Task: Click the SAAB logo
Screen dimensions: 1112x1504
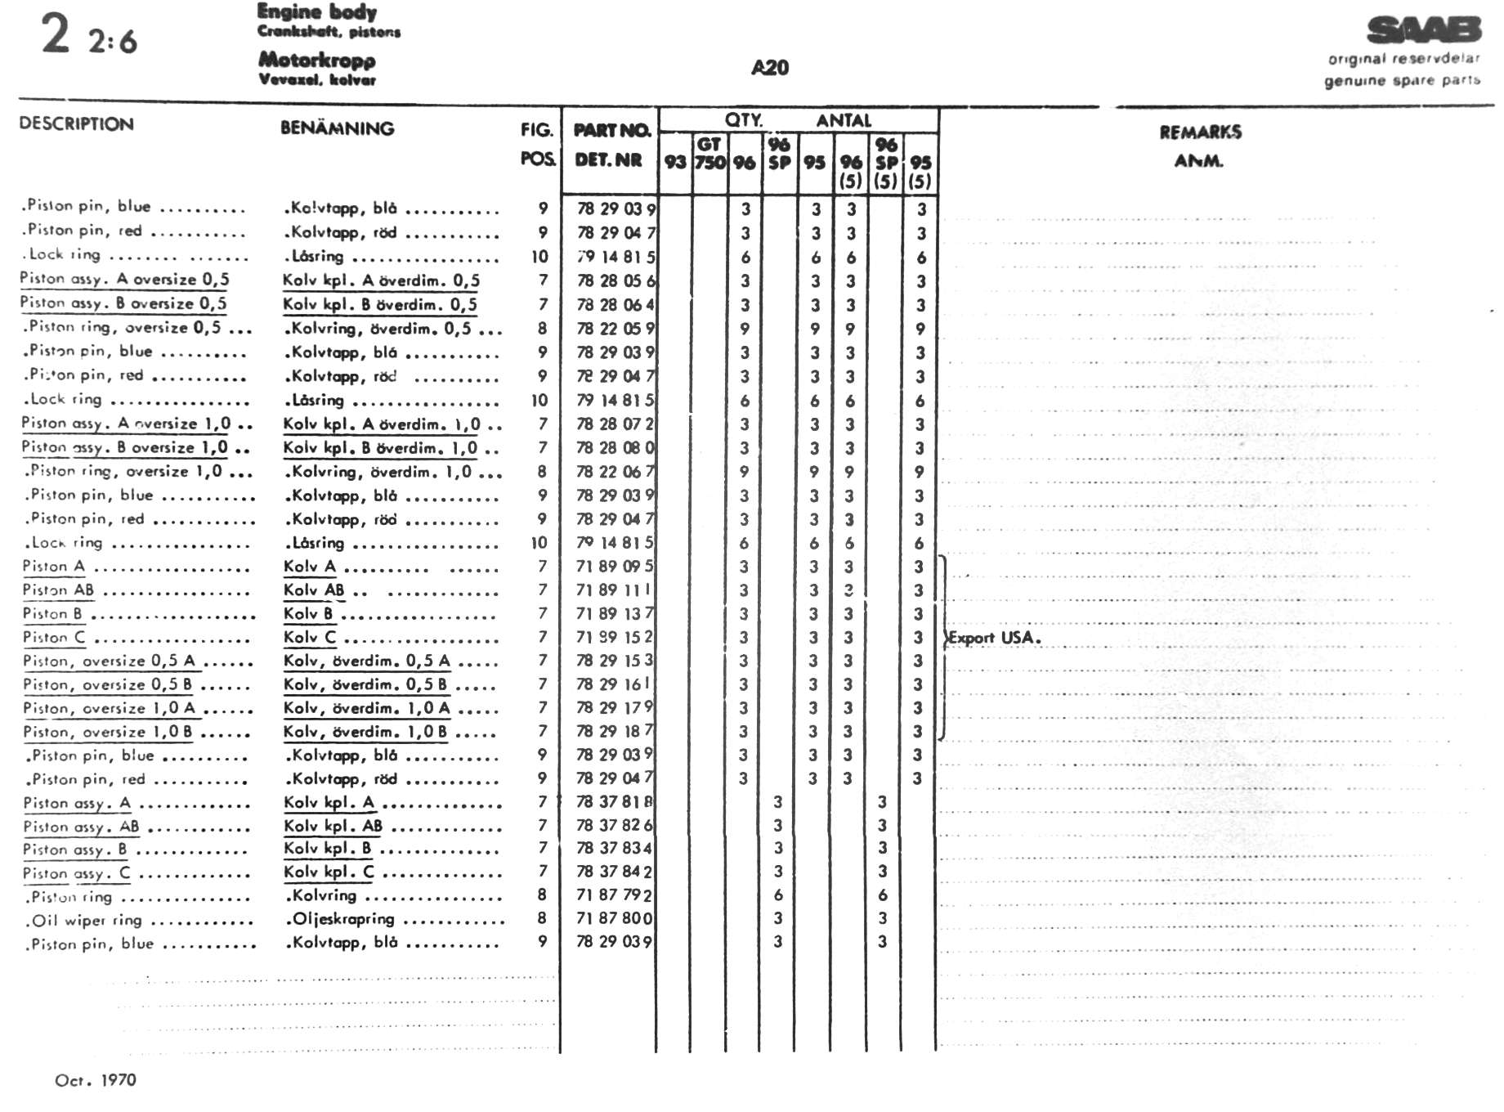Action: pyautogui.click(x=1423, y=30)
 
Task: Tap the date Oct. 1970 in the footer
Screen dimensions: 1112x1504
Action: pyautogui.click(x=95, y=1080)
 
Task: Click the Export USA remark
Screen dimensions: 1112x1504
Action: pyautogui.click(x=995, y=638)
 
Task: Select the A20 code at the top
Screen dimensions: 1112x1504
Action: pyautogui.click(x=770, y=68)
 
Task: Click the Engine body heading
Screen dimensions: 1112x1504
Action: pyautogui.click(x=317, y=11)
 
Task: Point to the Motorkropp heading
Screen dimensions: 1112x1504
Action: pyautogui.click(x=317, y=60)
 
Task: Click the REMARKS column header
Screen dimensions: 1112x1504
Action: pyautogui.click(x=1200, y=132)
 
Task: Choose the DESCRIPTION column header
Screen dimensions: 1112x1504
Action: pyautogui.click(x=76, y=124)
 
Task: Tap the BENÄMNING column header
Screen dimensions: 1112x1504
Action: pyautogui.click(x=337, y=128)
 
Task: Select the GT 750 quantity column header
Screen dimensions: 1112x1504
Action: pyautogui.click(x=709, y=154)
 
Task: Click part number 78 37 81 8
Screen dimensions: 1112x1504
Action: pyautogui.click(x=614, y=802)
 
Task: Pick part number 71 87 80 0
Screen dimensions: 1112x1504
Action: pyautogui.click(x=614, y=918)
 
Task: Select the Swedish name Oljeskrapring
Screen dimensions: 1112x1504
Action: pyautogui.click(x=343, y=919)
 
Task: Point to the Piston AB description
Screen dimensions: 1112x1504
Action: pyautogui.click(x=58, y=590)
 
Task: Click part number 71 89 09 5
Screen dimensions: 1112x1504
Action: pyautogui.click(x=614, y=566)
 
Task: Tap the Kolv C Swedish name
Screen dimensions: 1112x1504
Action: pyautogui.click(x=310, y=637)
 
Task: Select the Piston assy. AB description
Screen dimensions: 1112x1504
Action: pyautogui.click(x=81, y=827)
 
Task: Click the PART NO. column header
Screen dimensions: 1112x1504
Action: pyautogui.click(x=611, y=130)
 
